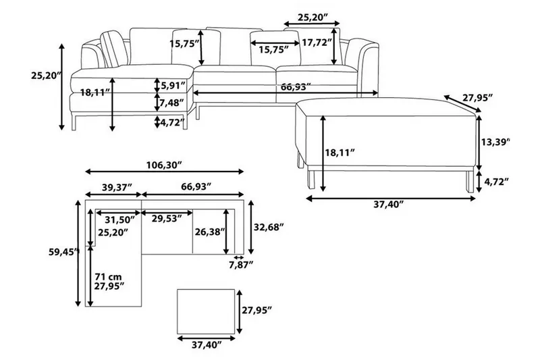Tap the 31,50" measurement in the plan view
[112, 219]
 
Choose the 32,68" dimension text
[266, 226]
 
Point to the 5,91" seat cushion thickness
[173, 85]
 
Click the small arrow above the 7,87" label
[238, 257]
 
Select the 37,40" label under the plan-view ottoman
[207, 345]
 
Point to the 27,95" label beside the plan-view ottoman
[256, 310]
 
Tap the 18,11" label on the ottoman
[340, 153]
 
